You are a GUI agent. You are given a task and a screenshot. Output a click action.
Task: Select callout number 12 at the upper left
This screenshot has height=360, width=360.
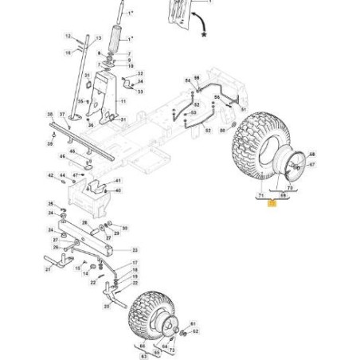(x=68, y=37)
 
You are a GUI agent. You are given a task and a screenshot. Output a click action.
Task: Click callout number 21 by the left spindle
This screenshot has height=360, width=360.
(x=48, y=268)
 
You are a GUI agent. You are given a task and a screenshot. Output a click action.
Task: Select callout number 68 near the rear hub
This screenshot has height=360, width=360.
(x=312, y=155)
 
